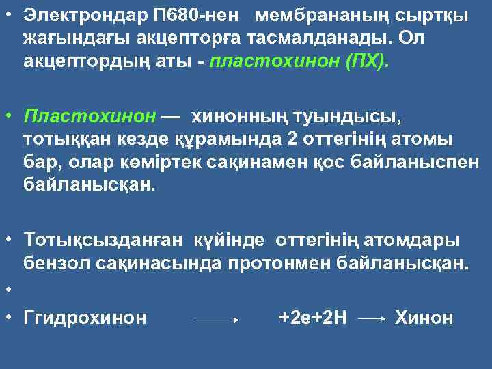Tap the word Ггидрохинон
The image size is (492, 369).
coord(85,317)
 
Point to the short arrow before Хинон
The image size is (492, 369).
coord(373,319)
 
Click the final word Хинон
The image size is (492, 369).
coord(424,317)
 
